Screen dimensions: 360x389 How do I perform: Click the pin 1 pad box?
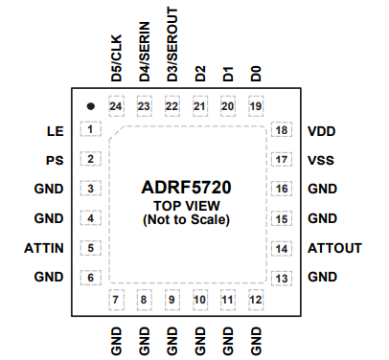[x=90, y=130]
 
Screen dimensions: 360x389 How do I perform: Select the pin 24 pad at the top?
[x=117, y=106]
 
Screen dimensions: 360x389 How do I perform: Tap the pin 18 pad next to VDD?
[x=281, y=130]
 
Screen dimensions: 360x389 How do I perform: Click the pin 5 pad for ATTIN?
[x=90, y=249]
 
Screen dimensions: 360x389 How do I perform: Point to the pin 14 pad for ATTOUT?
[x=281, y=249]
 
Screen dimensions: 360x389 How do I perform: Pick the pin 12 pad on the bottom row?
[x=255, y=301]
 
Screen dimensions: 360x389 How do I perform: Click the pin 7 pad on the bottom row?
[x=117, y=301]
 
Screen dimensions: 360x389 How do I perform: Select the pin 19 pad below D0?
[x=255, y=106]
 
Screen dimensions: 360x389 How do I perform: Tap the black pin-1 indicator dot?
[x=90, y=105]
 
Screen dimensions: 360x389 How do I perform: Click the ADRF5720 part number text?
[x=186, y=189]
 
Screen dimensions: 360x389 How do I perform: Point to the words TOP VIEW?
[x=186, y=206]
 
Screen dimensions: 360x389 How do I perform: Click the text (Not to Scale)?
[x=186, y=220]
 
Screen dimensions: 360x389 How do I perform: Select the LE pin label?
[x=55, y=130]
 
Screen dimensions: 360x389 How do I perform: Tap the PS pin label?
[x=55, y=160]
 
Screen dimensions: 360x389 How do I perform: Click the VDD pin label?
[x=321, y=130]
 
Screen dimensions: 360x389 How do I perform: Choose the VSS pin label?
[x=320, y=160]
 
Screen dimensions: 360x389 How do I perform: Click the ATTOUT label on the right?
[x=334, y=249]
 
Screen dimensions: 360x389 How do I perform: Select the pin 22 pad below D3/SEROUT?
[x=172, y=106]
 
